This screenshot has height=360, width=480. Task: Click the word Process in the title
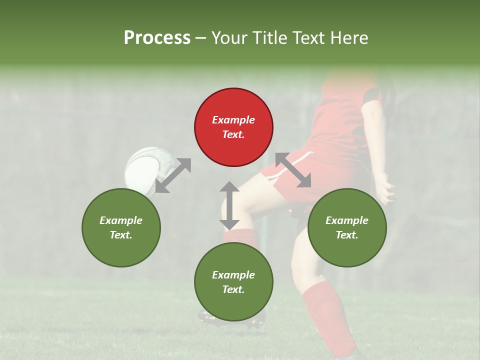click(x=157, y=37)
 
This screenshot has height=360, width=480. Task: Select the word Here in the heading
click(x=350, y=37)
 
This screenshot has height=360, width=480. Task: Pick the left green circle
click(x=121, y=227)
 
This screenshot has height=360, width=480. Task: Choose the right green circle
click(x=347, y=227)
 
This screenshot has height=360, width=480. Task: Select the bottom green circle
click(x=233, y=282)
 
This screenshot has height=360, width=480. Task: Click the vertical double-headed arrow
click(x=229, y=205)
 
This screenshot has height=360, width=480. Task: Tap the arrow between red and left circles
click(x=173, y=175)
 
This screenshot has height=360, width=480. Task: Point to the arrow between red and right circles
click(x=293, y=170)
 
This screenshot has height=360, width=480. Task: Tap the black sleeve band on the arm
click(x=372, y=95)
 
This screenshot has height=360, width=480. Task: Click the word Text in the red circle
click(x=233, y=134)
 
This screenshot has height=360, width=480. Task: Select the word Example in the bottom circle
click(x=233, y=275)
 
